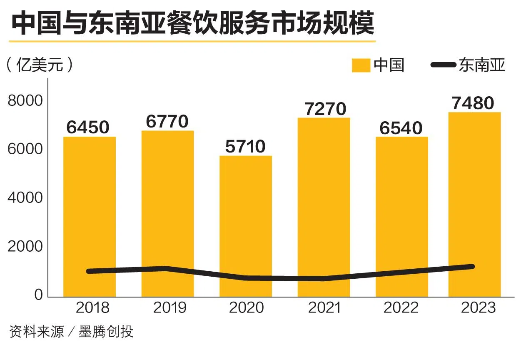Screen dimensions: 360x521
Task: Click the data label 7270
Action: [x=325, y=109]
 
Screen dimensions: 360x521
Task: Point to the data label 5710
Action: [x=246, y=147]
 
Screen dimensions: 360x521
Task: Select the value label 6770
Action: [x=167, y=121]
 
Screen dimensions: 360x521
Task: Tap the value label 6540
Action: [x=401, y=128]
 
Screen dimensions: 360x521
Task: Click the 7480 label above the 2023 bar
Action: [x=474, y=103]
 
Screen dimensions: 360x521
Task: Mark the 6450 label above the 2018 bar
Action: [x=88, y=127]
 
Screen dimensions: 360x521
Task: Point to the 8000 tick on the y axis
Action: [x=25, y=101]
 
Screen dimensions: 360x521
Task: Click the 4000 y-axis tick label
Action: [x=25, y=198]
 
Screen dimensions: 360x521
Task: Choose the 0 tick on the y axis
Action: [x=38, y=295]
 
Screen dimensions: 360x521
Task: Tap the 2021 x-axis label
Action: [x=324, y=308]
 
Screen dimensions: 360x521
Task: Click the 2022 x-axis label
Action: [x=401, y=308]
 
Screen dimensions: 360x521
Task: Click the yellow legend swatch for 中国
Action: [x=361, y=65]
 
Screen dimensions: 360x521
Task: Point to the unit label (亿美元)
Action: [x=40, y=65]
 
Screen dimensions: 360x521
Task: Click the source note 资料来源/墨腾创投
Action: [x=71, y=332]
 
